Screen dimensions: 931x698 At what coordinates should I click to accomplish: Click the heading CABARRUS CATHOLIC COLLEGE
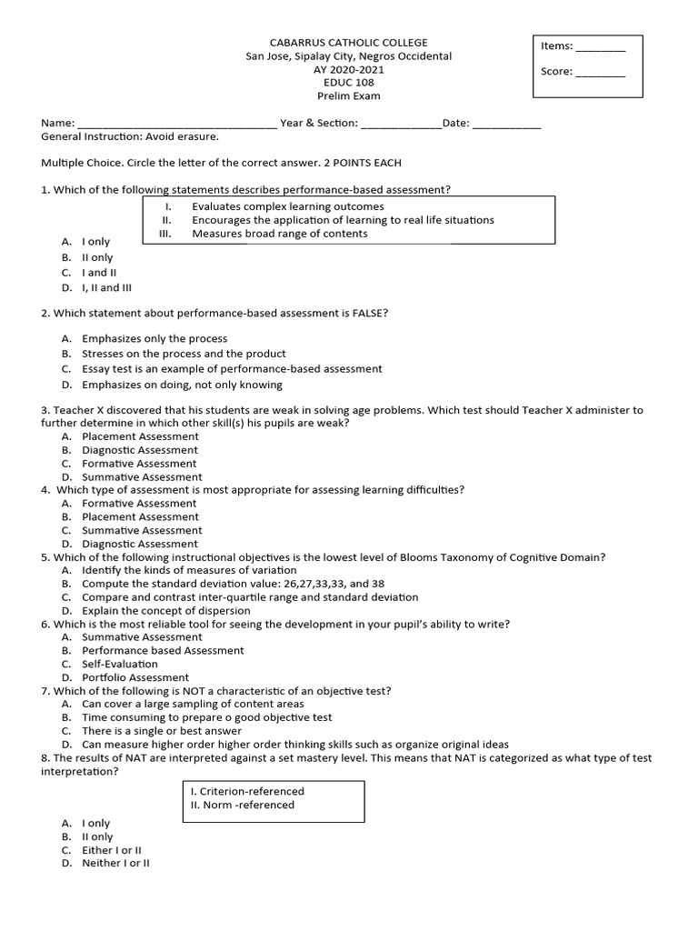348,43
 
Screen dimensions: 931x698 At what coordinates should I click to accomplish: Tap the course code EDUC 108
348,83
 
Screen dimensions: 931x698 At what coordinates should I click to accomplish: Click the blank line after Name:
177,125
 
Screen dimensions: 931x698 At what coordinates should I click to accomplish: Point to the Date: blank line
506,125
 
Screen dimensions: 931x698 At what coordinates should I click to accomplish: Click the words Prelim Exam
348,96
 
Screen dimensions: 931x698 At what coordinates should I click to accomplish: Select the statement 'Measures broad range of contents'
279,234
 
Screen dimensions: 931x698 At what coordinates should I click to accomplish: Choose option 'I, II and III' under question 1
106,288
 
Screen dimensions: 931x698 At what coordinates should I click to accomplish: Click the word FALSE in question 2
370,314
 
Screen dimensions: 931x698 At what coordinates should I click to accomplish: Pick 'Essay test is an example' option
232,369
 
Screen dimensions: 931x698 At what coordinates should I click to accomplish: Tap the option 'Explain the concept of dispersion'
165,611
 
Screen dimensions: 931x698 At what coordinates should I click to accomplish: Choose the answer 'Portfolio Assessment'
135,677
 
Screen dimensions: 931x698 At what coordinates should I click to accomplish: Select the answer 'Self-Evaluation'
119,665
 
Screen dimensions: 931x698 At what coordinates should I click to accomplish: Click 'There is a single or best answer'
162,731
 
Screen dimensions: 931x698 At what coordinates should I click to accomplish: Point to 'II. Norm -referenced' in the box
242,805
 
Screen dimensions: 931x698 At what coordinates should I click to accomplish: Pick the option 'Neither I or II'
115,864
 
